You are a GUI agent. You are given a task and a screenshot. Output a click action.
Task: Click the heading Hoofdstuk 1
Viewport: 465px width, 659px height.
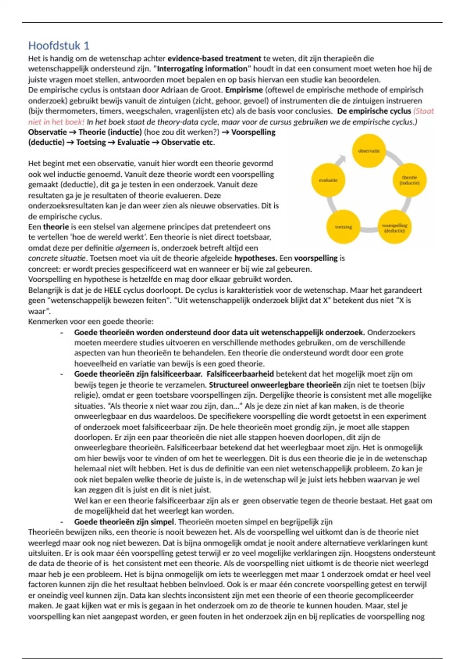(x=59, y=46)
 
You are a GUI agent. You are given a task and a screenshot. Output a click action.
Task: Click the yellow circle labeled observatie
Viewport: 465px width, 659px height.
(x=369, y=151)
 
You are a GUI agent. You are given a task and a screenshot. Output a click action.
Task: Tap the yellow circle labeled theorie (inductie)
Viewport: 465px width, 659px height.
(x=409, y=180)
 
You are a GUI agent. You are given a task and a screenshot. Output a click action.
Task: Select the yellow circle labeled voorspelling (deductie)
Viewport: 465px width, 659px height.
(x=394, y=228)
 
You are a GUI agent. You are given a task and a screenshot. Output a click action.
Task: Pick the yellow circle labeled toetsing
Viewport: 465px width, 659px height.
(x=343, y=227)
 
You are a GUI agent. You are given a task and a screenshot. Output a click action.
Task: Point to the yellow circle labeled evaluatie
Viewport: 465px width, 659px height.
(x=328, y=180)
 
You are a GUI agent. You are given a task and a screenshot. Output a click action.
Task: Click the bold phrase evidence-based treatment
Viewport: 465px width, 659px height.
(x=214, y=59)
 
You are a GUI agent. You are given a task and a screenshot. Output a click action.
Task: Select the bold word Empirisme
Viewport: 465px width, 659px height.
(x=244, y=90)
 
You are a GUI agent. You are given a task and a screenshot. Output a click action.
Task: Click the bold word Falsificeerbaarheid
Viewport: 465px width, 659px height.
(x=240, y=374)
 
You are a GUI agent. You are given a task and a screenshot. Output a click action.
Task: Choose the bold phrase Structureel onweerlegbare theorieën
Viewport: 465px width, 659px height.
(x=275, y=385)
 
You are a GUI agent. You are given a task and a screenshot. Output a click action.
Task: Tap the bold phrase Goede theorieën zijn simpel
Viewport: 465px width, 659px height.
(x=124, y=522)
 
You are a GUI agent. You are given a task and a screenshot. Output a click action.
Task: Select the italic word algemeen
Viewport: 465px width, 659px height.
(x=132, y=248)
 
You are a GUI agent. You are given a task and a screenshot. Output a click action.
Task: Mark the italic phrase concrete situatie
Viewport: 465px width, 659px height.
(x=57, y=258)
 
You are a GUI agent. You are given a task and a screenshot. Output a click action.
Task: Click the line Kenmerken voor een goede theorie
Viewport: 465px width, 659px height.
(x=91, y=321)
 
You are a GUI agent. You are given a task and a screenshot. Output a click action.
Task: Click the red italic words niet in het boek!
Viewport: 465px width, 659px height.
(x=56, y=122)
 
